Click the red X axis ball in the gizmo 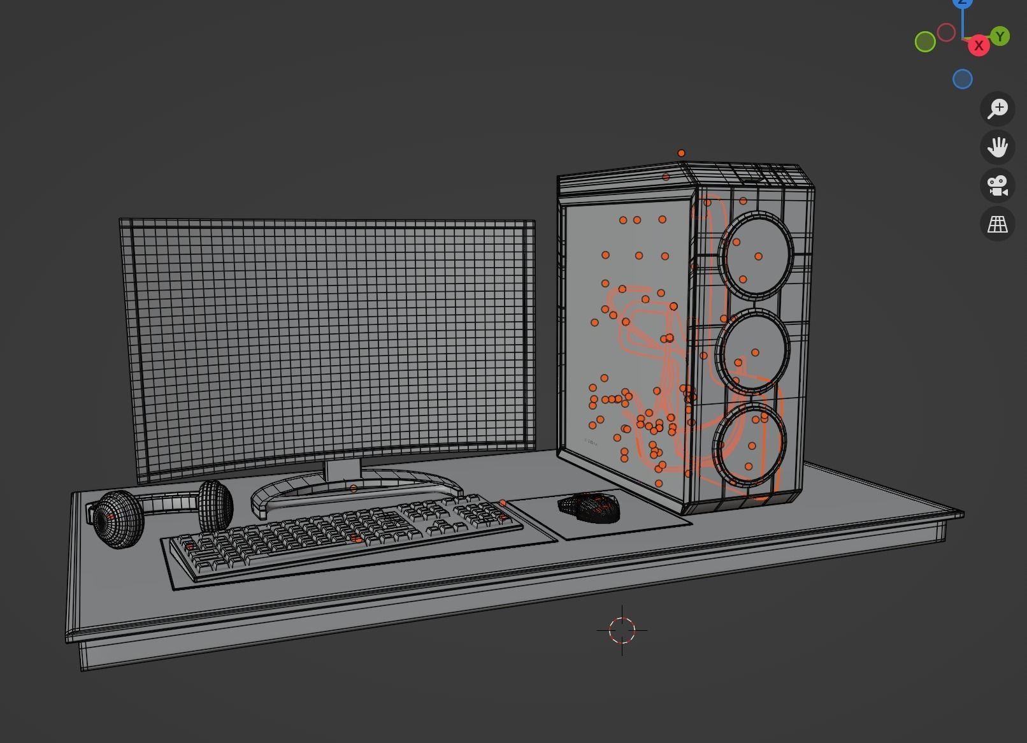coord(979,46)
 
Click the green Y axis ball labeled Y coord(1000,36)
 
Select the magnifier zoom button coord(998,108)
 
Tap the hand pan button coord(998,147)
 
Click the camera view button coord(998,185)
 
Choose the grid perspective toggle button coord(998,224)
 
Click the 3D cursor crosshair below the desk coord(622,630)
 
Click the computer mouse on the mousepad coord(590,507)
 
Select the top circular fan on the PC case coord(757,254)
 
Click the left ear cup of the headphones coord(118,519)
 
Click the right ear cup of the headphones coord(215,505)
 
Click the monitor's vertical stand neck coord(343,472)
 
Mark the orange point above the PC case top coord(681,153)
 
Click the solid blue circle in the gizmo coord(963,79)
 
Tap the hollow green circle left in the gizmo coord(925,42)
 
